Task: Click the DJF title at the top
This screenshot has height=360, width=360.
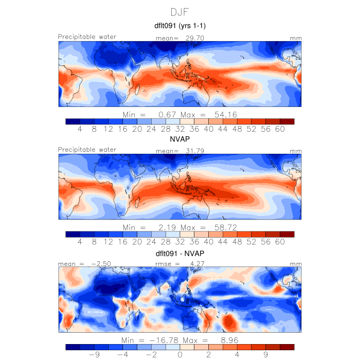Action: coord(180,11)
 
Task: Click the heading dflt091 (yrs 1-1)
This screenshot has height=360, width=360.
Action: coord(180,26)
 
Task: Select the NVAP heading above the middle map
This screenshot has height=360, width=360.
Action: coord(180,139)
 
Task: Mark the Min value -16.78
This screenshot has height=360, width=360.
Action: coord(164,340)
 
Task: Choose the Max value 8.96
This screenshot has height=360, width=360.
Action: coord(227,340)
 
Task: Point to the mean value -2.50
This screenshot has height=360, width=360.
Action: coord(95,264)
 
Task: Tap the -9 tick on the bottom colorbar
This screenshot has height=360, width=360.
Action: coord(94,354)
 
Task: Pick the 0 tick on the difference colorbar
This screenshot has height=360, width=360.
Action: coord(180,354)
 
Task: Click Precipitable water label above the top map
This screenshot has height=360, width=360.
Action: coord(87,37)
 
